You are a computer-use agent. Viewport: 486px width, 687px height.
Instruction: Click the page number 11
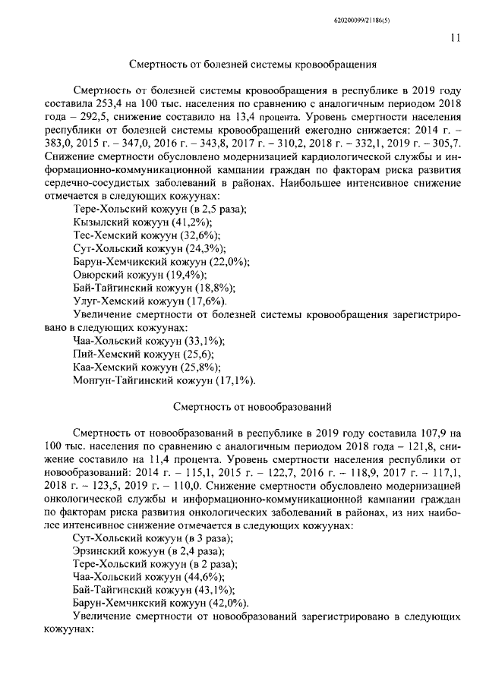click(x=454, y=34)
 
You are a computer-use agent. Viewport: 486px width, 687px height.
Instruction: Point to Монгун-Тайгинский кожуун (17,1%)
click(x=164, y=380)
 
